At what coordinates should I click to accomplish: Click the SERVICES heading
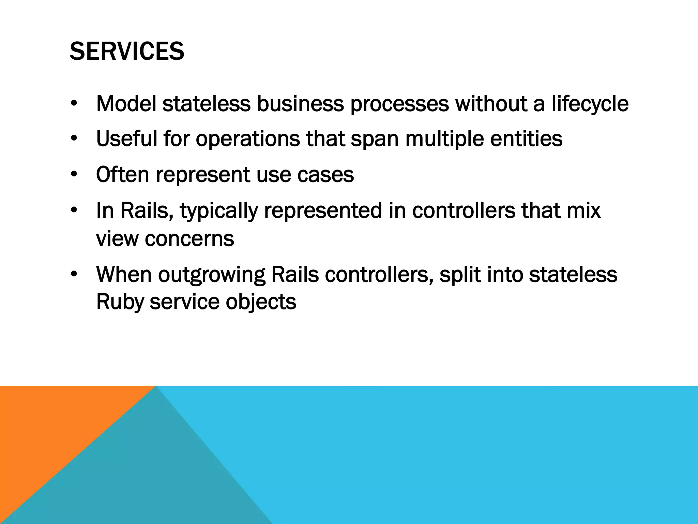click(x=127, y=52)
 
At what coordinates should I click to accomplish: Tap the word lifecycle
click(x=590, y=104)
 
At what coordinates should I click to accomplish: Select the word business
click(x=300, y=104)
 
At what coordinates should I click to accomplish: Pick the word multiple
click(x=444, y=140)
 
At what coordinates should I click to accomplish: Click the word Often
click(x=123, y=174)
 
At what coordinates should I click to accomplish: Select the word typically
click(x=219, y=211)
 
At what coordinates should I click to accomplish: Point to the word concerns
click(x=189, y=239)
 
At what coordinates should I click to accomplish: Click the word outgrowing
click(x=211, y=275)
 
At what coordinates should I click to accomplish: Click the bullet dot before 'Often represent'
click(x=74, y=175)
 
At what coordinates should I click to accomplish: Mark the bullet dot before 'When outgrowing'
click(x=74, y=274)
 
